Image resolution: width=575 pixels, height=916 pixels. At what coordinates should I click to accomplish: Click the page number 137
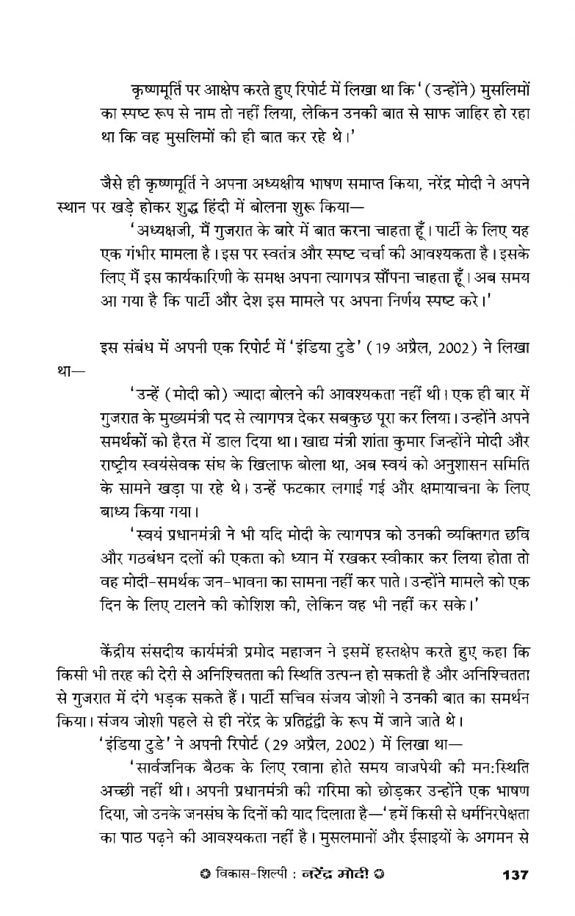click(x=515, y=875)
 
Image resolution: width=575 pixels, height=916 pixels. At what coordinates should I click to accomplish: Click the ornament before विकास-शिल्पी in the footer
click(x=203, y=876)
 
